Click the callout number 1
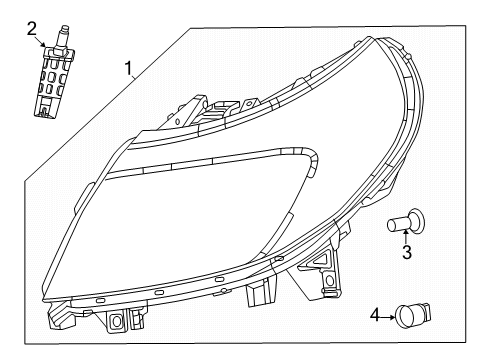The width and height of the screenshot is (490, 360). click(128, 69)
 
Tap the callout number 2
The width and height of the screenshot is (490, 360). click(32, 27)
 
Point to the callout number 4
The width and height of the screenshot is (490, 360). click(375, 316)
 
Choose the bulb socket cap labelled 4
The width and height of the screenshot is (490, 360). click(410, 317)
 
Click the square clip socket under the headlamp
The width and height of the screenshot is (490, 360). click(117, 321)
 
